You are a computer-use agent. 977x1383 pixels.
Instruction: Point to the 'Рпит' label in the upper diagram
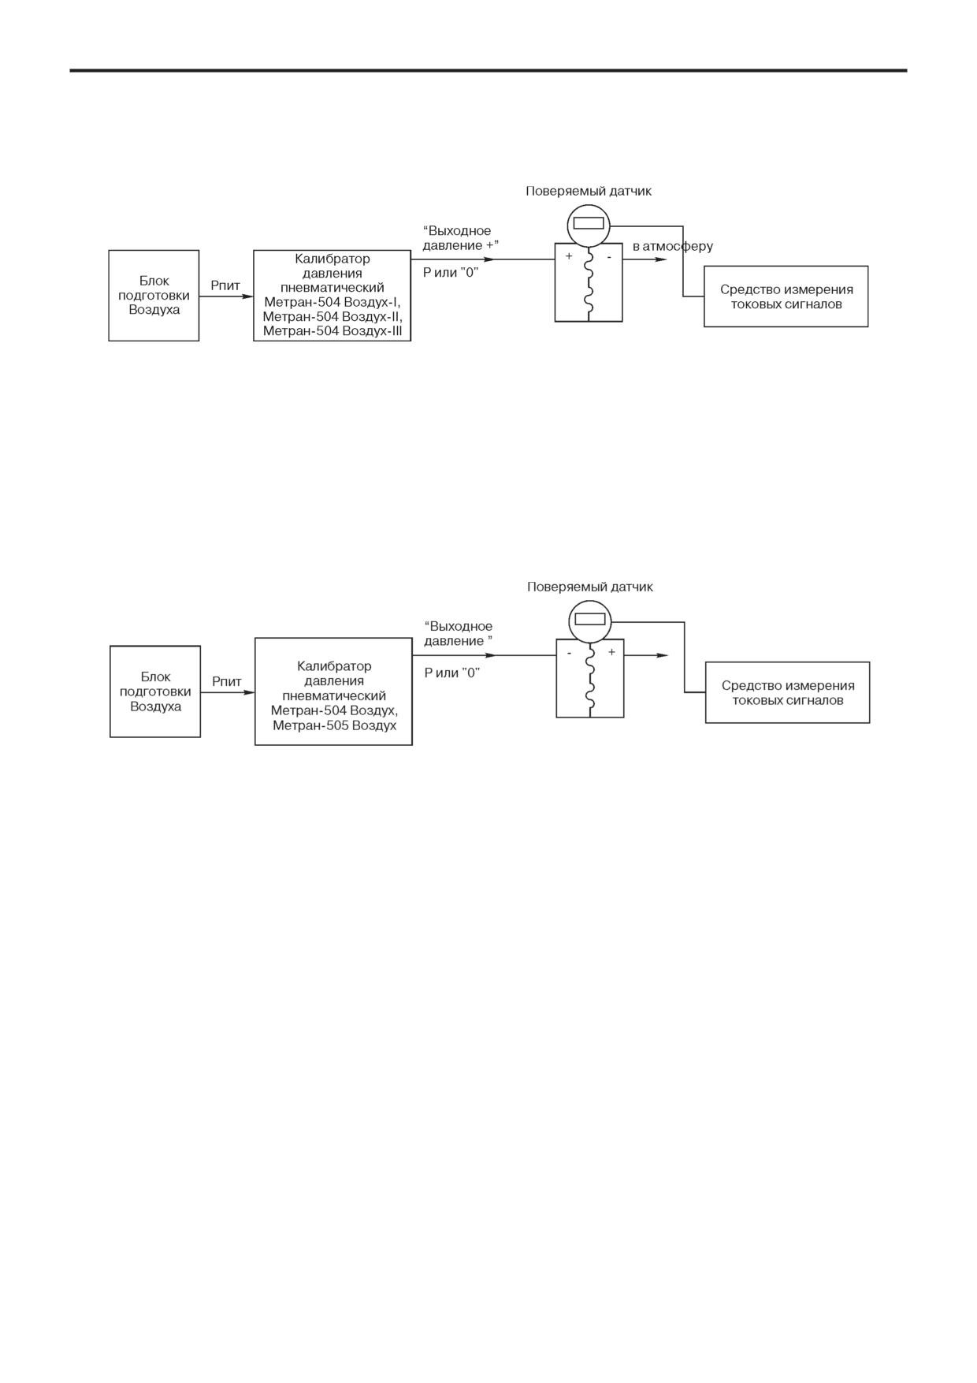(225, 286)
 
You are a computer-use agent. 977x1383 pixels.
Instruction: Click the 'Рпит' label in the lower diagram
(227, 682)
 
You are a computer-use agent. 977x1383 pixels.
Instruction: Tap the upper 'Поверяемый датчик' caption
(589, 192)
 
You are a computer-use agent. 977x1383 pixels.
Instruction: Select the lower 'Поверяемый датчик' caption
(590, 587)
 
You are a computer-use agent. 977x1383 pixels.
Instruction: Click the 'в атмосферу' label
(673, 246)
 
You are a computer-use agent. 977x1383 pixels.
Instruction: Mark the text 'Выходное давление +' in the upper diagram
(461, 238)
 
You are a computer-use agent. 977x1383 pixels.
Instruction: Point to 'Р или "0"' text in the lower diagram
(452, 673)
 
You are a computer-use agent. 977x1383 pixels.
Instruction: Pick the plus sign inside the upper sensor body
(569, 256)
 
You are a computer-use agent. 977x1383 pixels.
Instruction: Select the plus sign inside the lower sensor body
(611, 652)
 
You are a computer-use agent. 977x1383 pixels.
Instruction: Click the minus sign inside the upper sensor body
(609, 256)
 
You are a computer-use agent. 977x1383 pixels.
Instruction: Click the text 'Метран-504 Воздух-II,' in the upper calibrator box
(332, 317)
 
